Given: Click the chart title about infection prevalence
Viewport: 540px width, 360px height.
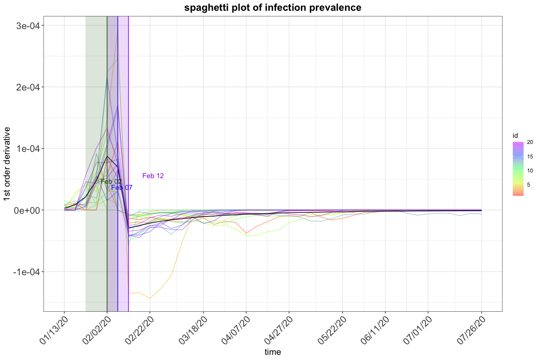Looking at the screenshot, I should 273,8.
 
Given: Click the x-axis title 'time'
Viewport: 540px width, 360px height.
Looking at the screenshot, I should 273,352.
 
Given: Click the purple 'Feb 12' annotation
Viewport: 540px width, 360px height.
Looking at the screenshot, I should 153,176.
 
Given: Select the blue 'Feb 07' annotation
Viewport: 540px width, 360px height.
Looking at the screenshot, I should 122,188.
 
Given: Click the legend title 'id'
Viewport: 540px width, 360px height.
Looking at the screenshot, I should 515,136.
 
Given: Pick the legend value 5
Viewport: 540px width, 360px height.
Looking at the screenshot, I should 529,185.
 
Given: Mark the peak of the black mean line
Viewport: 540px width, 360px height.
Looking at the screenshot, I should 107,156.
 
